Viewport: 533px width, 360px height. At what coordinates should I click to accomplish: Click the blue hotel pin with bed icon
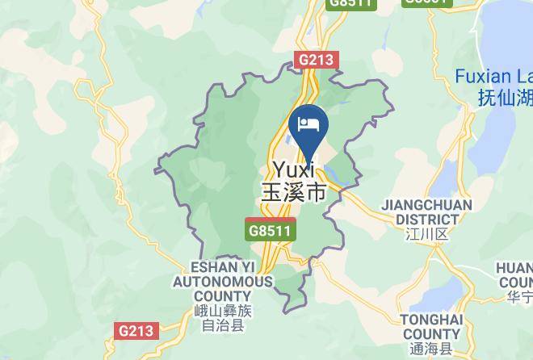[308, 125]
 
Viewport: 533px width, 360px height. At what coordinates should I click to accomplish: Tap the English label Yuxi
[293, 171]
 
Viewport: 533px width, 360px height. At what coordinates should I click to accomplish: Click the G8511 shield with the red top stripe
[271, 229]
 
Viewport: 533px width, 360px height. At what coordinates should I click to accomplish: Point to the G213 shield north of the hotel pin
[317, 60]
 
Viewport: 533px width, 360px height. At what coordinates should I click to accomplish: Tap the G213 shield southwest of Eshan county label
[136, 330]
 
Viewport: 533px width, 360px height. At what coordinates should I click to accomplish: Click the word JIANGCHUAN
[426, 205]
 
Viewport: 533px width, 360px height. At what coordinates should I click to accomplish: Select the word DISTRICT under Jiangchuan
[427, 219]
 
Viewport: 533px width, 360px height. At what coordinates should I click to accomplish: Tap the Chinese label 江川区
[427, 234]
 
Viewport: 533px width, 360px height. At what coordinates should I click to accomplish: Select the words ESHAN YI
[220, 267]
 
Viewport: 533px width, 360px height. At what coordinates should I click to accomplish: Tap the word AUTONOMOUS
[222, 282]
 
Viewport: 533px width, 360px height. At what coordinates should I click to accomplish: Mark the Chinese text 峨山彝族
[222, 312]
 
